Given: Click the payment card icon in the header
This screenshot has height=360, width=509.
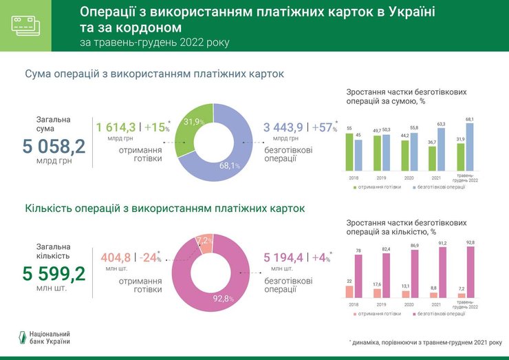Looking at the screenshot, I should tap(26, 25).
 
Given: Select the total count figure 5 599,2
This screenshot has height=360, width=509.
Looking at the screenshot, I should tap(54, 274).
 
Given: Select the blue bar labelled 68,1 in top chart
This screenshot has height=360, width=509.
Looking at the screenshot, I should tap(469, 147).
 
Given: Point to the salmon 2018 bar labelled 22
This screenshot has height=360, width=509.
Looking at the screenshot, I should tap(349, 291).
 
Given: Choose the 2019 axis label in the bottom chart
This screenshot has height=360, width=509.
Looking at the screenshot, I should tap(381, 304).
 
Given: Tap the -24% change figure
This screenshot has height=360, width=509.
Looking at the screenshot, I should tap(149, 257).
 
